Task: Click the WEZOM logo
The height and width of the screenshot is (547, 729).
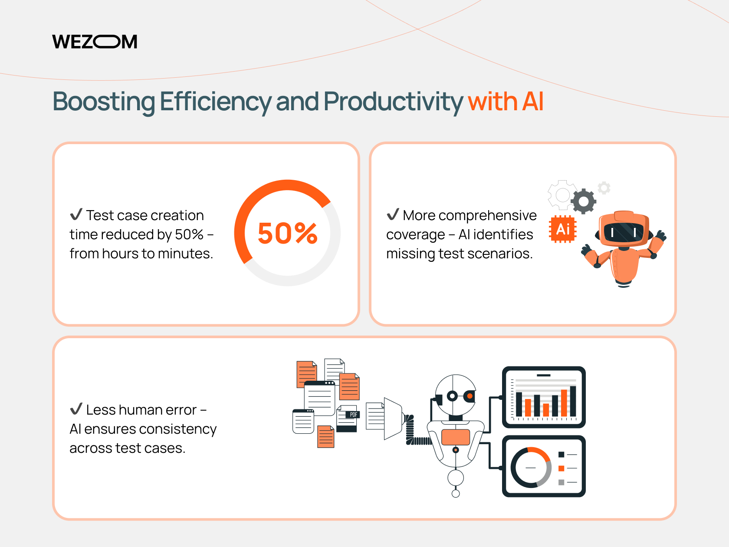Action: tap(95, 42)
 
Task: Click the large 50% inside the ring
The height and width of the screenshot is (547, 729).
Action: tap(288, 234)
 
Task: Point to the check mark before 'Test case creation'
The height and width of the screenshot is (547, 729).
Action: tap(76, 214)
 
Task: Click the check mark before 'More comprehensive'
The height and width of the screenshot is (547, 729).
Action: tap(393, 214)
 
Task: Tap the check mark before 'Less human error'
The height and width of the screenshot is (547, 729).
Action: tap(76, 409)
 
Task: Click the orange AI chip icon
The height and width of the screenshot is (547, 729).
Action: tap(563, 229)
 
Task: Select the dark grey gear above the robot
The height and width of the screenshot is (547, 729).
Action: tap(584, 201)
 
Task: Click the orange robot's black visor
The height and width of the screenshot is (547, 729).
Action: tap(624, 232)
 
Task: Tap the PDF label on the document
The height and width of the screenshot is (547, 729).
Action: tap(353, 415)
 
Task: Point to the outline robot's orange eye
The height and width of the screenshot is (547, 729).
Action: tap(470, 396)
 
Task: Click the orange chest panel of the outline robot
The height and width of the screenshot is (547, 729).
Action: tap(456, 437)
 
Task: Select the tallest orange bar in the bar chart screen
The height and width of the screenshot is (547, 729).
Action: tap(564, 403)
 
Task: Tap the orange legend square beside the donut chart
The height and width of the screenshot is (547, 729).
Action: tap(561, 468)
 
